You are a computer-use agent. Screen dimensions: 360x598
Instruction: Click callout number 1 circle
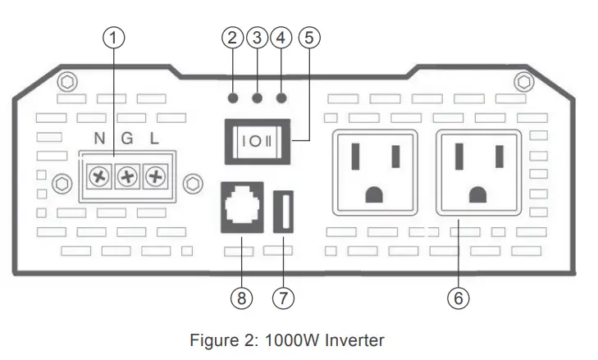click(x=114, y=38)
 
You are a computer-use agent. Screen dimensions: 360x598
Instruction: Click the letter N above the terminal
click(x=100, y=139)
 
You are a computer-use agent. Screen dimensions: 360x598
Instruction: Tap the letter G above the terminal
click(x=126, y=139)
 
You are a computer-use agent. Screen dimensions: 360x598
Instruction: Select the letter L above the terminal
click(x=153, y=139)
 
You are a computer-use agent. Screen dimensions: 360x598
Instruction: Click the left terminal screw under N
click(x=100, y=176)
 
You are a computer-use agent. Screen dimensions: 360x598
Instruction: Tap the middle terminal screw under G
click(x=127, y=176)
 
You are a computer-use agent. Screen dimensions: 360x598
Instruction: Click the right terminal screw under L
click(x=154, y=176)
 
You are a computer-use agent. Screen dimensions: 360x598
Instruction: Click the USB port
click(x=284, y=211)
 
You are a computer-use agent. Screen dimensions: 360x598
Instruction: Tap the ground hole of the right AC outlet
click(x=478, y=194)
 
